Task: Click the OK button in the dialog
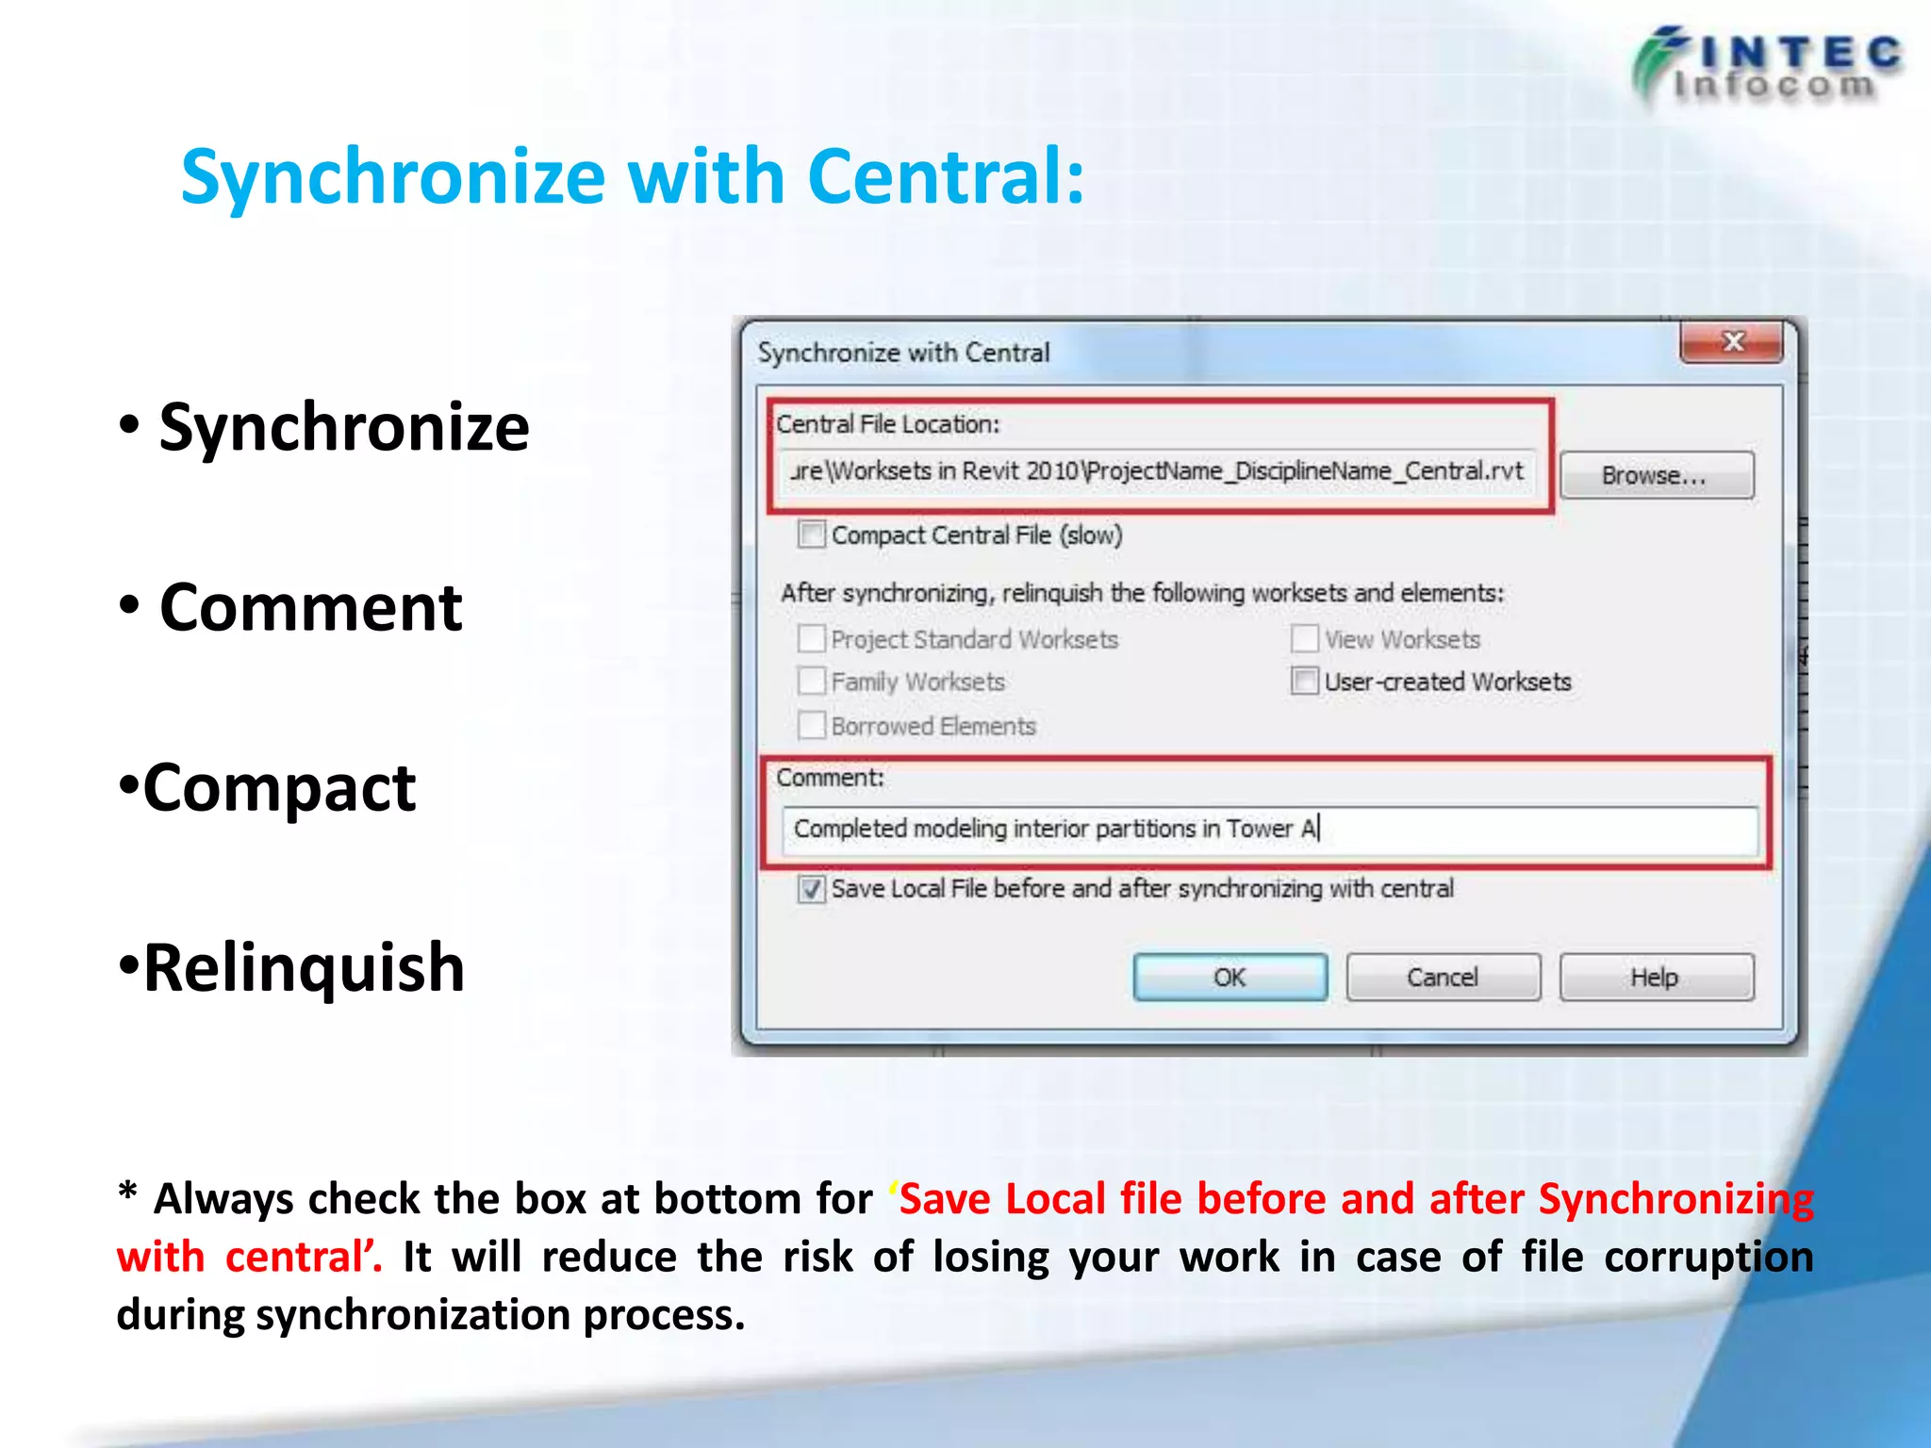pyautogui.click(x=1230, y=977)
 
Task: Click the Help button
pyautogui.click(x=1656, y=977)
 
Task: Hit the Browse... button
pyautogui.click(x=1656, y=475)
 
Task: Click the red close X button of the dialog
pyautogui.click(x=1731, y=342)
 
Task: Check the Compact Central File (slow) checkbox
pyautogui.click(x=811, y=535)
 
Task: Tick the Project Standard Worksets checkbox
pyautogui.click(x=811, y=639)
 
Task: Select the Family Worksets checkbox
pyautogui.click(x=811, y=681)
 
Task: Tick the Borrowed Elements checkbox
pyautogui.click(x=811, y=725)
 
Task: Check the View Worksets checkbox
pyautogui.click(x=1304, y=639)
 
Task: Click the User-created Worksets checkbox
pyautogui.click(x=1304, y=681)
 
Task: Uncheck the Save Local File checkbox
pyautogui.click(x=811, y=889)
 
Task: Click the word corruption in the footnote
pyautogui.click(x=1708, y=1258)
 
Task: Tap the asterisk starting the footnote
pyautogui.click(x=128, y=1193)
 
